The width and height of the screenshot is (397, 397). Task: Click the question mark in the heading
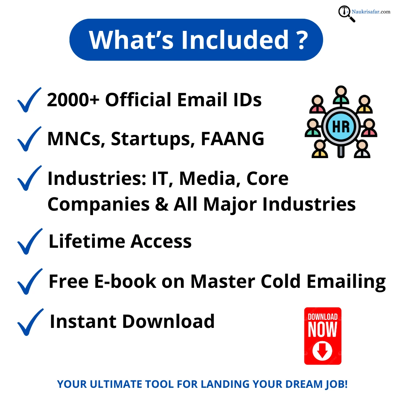pos(301,39)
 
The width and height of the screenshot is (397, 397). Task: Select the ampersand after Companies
pos(161,204)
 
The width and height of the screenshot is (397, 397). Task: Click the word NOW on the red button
pos(322,330)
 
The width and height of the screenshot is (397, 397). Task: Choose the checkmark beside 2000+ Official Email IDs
pos(29,100)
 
